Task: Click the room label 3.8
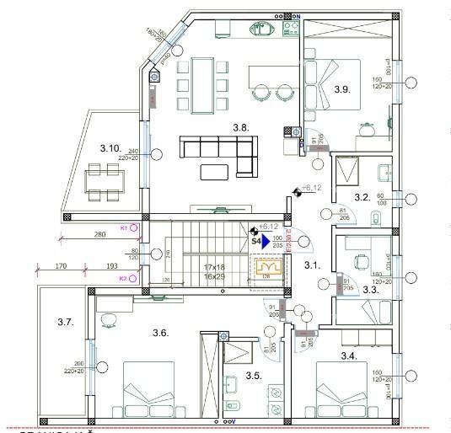241,128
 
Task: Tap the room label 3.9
341,88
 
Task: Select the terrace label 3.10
110,148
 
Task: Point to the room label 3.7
67,321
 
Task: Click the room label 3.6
161,333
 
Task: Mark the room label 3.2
362,197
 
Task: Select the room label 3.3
369,289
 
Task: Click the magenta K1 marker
123,227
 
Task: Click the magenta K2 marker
123,278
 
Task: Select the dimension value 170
60,266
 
